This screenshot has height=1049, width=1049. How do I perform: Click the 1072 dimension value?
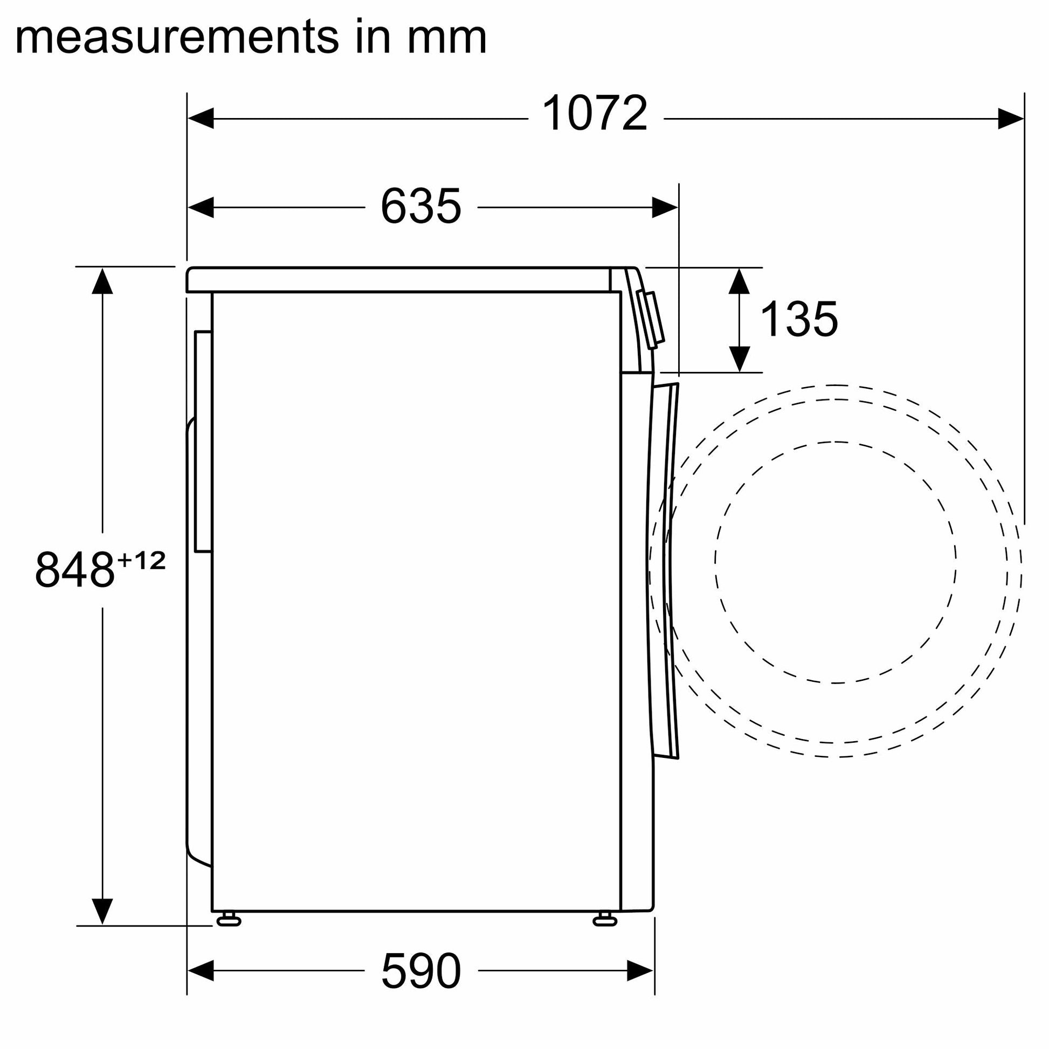(595, 113)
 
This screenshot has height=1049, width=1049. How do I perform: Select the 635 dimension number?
(421, 206)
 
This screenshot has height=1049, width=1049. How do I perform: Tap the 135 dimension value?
(799, 319)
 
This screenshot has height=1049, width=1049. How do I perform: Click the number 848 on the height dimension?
(75, 570)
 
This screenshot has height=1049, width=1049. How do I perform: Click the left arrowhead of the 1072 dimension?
(201, 119)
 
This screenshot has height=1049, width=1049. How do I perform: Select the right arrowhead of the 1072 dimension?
(1011, 119)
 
